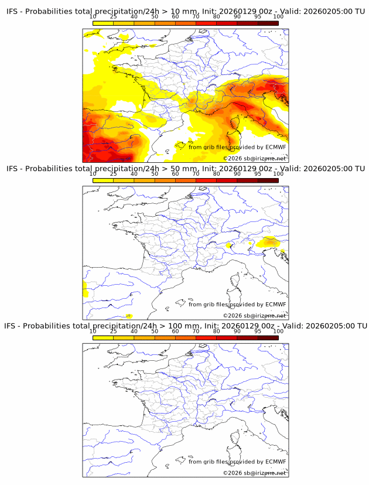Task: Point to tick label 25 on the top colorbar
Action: (113, 16)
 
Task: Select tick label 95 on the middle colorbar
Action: (258, 174)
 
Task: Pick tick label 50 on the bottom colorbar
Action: (155, 331)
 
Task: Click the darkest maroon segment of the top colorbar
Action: (268, 23)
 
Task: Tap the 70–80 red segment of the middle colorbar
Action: (206, 180)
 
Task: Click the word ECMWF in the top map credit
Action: (276, 147)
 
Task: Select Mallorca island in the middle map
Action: (181, 304)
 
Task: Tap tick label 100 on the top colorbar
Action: (278, 16)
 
